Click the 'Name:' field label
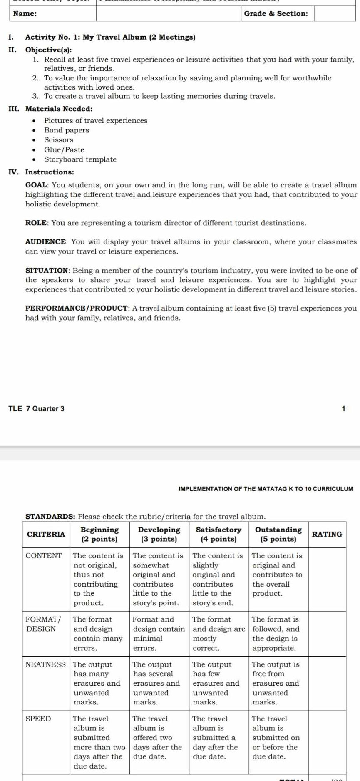(x=25, y=13)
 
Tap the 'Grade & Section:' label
(x=276, y=13)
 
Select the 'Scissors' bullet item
(x=59, y=140)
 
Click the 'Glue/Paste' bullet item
(x=64, y=149)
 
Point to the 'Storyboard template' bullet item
(x=80, y=159)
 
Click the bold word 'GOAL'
(x=37, y=185)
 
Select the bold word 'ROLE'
(x=36, y=223)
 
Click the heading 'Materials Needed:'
(x=59, y=109)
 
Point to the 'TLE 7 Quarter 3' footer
(x=36, y=408)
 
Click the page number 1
(x=343, y=409)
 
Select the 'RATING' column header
(x=327, y=534)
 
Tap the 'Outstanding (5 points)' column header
(x=278, y=534)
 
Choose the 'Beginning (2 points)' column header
(x=99, y=534)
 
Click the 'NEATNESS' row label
(x=46, y=664)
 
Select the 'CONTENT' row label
(x=44, y=555)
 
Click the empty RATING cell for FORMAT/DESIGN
(x=327, y=633)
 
